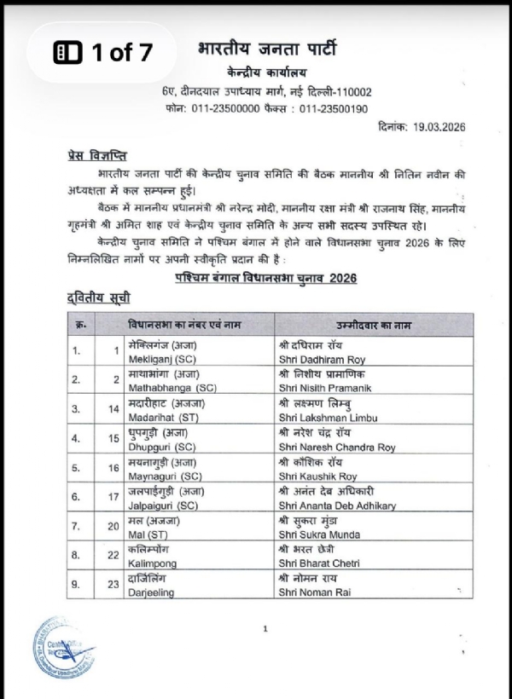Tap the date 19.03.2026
click(x=437, y=126)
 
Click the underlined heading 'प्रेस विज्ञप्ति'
click(x=96, y=156)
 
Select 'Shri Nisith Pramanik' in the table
click(x=327, y=389)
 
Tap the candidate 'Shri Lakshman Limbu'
click(x=327, y=417)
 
